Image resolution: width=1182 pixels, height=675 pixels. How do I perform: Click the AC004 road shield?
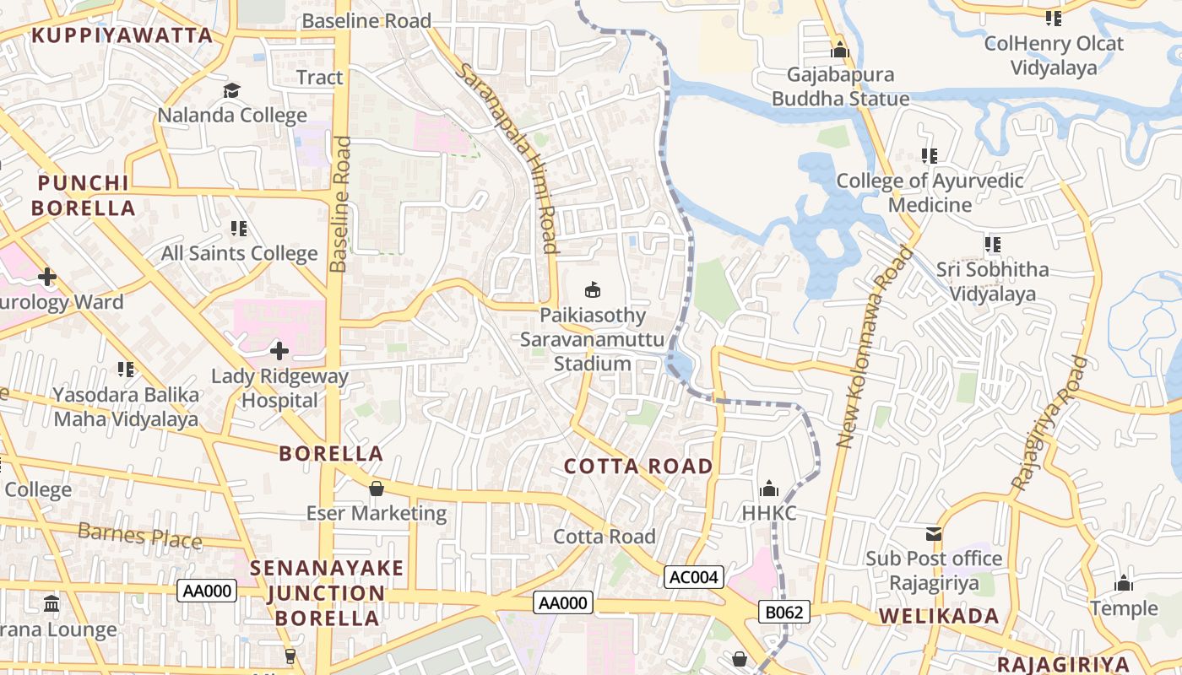pyautogui.click(x=694, y=577)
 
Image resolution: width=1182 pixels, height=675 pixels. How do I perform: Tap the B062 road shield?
pyautogui.click(x=783, y=612)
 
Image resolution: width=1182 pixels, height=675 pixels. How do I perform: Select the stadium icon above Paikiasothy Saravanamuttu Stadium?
pyautogui.click(x=594, y=290)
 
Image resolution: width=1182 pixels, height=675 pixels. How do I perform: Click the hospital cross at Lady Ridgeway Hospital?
pyautogui.click(x=279, y=350)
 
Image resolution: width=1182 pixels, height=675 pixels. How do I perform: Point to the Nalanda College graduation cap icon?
pyautogui.click(x=232, y=90)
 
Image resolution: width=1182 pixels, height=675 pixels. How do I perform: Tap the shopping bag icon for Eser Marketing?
pyautogui.click(x=377, y=489)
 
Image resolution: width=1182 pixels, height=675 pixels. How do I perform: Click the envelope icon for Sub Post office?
pyautogui.click(x=934, y=533)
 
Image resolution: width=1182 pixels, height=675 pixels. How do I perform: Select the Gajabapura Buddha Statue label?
pyautogui.click(x=841, y=87)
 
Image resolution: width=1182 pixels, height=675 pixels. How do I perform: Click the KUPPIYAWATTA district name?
pyautogui.click(x=122, y=35)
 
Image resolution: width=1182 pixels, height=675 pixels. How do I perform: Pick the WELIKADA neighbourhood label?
pyautogui.click(x=940, y=616)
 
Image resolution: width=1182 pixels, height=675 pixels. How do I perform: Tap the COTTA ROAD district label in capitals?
pyautogui.click(x=638, y=466)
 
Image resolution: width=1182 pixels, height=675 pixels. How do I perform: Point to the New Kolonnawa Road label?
pyautogui.click(x=876, y=346)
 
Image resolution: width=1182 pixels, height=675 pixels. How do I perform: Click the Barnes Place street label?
pyautogui.click(x=140, y=535)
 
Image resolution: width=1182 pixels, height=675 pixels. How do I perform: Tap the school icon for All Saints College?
pyautogui.click(x=239, y=229)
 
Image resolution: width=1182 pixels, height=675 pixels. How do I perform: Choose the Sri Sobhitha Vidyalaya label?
pyautogui.click(x=993, y=282)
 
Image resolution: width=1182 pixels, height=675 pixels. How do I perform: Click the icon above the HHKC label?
pyautogui.click(x=768, y=489)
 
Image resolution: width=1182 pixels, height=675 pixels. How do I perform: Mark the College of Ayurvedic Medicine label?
pyautogui.click(x=930, y=192)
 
